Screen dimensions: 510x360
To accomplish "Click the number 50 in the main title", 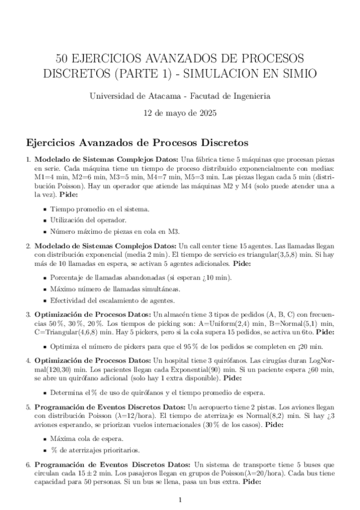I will [x=63, y=58].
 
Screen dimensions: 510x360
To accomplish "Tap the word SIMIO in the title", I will [x=287, y=73].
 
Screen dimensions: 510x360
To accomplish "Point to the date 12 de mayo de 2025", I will [x=180, y=112].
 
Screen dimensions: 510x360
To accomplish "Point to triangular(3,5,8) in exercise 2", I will [x=244, y=256].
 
